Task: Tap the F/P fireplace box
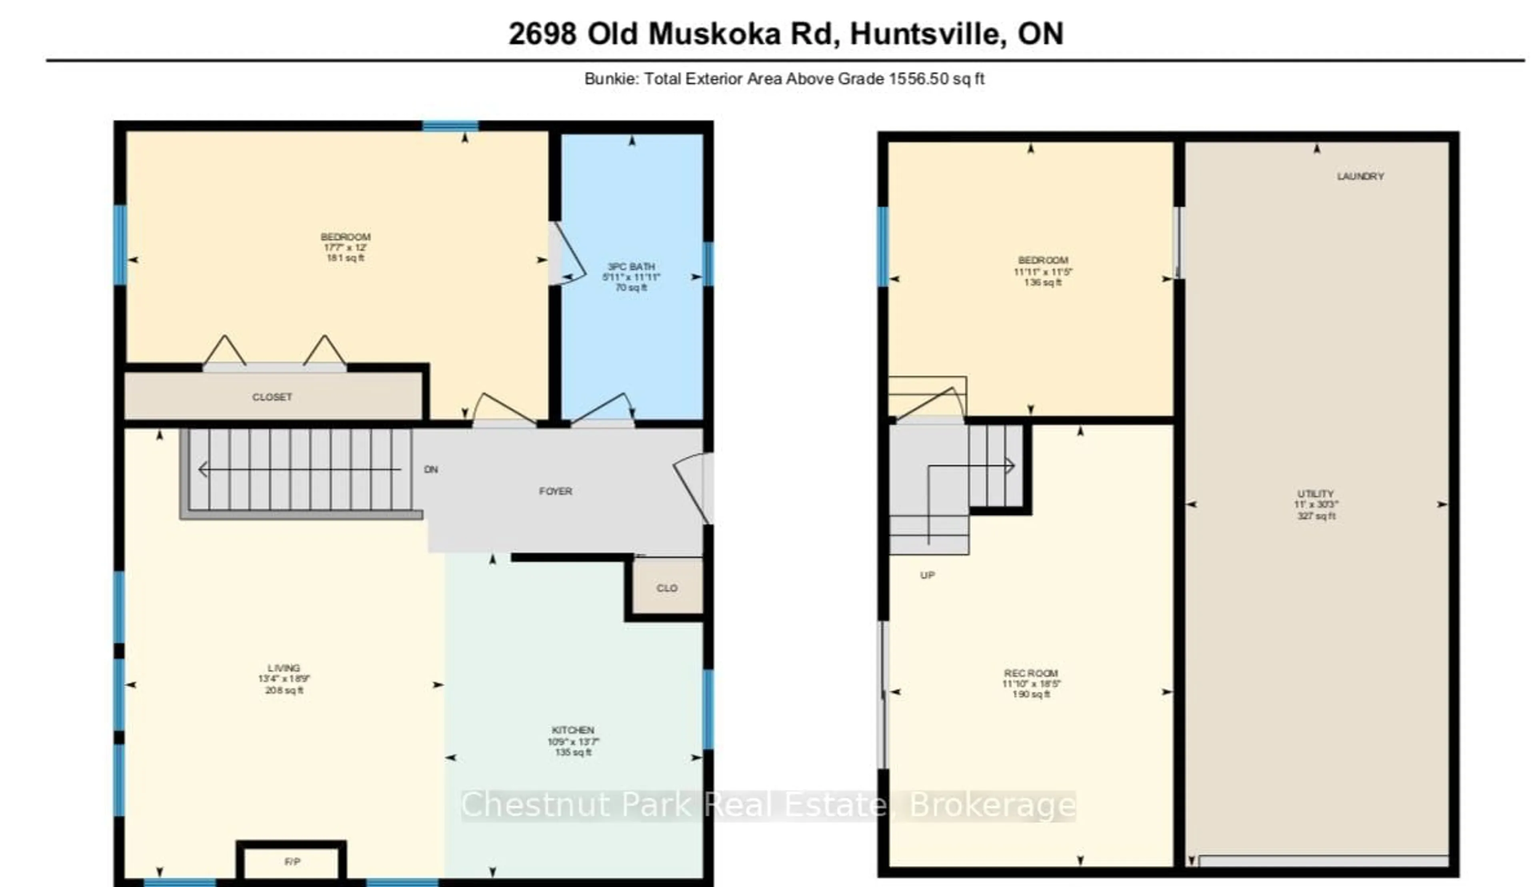pos(292,861)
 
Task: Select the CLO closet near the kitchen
pos(667,588)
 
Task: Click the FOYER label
pos(555,491)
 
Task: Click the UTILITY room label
pos(1315,493)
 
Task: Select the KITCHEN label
pos(572,730)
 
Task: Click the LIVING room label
pos(284,668)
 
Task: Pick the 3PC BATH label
pos(631,266)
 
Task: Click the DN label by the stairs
pos(431,470)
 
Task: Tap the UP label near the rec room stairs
pos(927,575)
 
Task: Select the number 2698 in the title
pos(542,34)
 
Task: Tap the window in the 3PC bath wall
pos(708,264)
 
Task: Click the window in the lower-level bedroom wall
pos(882,246)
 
